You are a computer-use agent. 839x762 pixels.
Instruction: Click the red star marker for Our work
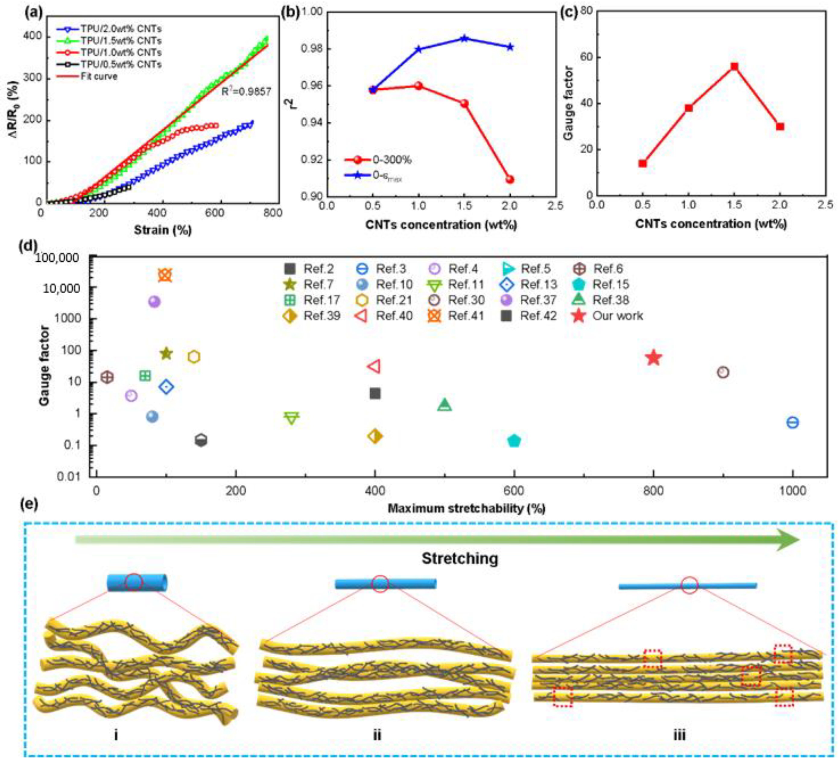654,358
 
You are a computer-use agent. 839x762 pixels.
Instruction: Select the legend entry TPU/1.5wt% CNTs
121,41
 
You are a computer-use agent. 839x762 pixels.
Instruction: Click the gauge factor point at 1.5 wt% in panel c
735,67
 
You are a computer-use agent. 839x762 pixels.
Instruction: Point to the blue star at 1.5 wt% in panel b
464,39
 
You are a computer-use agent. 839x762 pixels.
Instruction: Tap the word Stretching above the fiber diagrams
459,558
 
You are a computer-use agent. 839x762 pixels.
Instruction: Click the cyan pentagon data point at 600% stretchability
514,441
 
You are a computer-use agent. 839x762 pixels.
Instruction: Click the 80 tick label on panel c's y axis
587,12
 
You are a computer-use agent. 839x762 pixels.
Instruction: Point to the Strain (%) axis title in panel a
163,229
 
